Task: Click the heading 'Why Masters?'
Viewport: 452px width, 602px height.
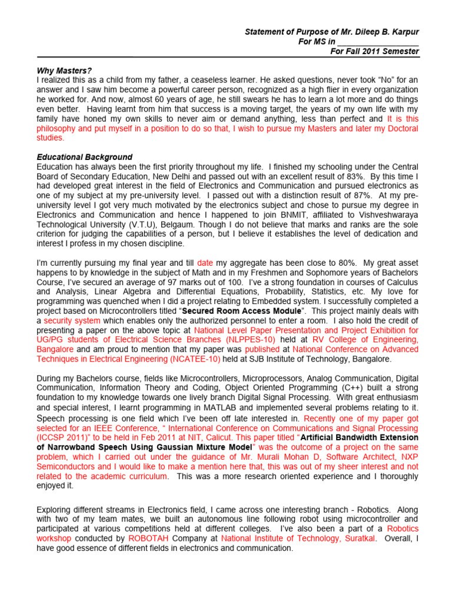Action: coord(64,71)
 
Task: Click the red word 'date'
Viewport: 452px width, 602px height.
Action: coord(205,263)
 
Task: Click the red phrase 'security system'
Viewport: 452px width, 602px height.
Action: coord(72,320)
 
